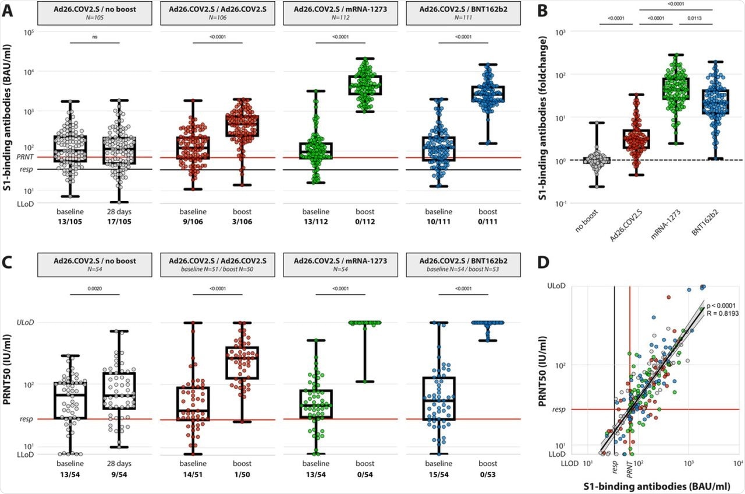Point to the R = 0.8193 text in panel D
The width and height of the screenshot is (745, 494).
pos(722,313)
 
